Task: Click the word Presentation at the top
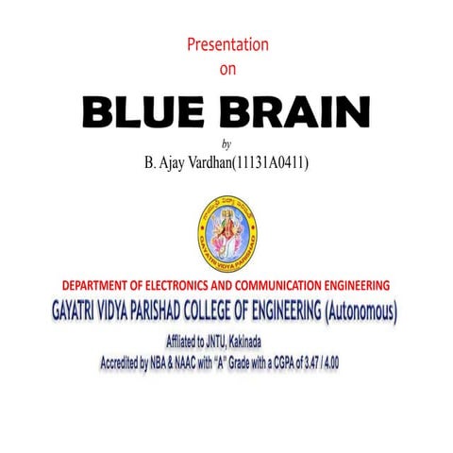227,44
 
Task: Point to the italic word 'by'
226,143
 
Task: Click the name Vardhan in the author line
209,162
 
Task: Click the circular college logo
226,230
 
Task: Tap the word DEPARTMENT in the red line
103,285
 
